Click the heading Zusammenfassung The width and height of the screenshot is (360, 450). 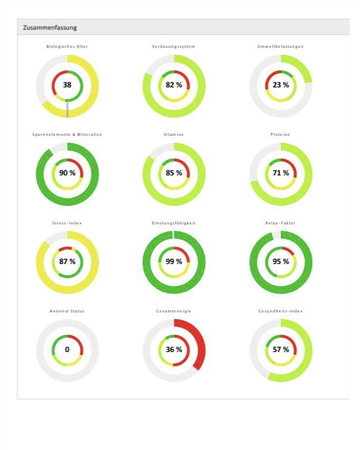click(50, 27)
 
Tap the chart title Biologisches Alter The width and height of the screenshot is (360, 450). click(67, 46)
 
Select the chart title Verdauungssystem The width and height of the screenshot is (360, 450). click(174, 46)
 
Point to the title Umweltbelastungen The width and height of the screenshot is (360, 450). click(280, 46)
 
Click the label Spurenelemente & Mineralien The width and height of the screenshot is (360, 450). click(67, 135)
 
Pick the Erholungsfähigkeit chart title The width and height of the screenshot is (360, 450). click(174, 223)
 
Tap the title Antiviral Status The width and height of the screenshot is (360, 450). click(67, 311)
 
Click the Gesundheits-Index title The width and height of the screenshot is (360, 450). click(280, 311)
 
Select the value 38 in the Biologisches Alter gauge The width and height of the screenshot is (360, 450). click(67, 85)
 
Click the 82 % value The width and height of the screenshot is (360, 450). click(174, 85)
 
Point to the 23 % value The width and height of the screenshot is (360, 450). click(280, 85)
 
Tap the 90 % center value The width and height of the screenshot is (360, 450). click(67, 173)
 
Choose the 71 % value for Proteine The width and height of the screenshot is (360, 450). click(280, 173)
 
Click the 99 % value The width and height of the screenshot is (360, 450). click(174, 262)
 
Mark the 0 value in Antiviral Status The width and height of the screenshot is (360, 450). click(67, 350)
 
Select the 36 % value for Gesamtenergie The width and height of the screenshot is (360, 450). click(174, 350)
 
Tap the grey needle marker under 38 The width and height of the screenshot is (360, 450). click(67, 108)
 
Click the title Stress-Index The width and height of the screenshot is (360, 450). click(67, 223)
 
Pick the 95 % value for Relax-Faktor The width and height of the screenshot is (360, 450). click(280, 262)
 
